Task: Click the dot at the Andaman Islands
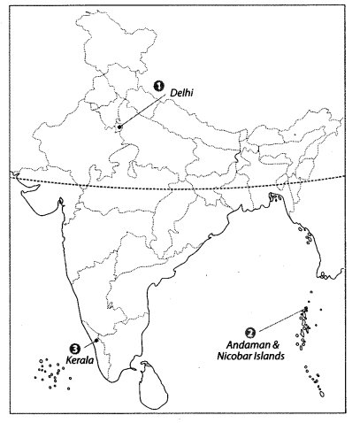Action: pyautogui.click(x=305, y=309)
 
